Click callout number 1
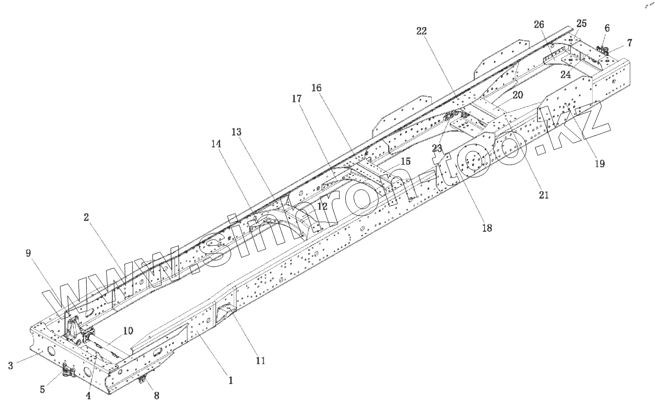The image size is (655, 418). coord(231,381)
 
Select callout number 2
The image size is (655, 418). coord(87,217)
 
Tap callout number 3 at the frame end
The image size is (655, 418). coord(11,365)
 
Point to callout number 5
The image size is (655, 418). coord(43,389)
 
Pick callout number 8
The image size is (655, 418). coord(156,395)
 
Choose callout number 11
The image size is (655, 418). coord(260,361)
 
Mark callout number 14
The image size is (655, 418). coord(216,145)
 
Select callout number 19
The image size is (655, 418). coord(599,164)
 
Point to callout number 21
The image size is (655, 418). coord(544,194)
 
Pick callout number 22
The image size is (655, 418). coord(421,31)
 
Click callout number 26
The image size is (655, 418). coord(539,24)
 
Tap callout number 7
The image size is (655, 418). coord(629,43)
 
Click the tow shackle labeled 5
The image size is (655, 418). coord(67,372)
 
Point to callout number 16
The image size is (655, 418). coord(316,88)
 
